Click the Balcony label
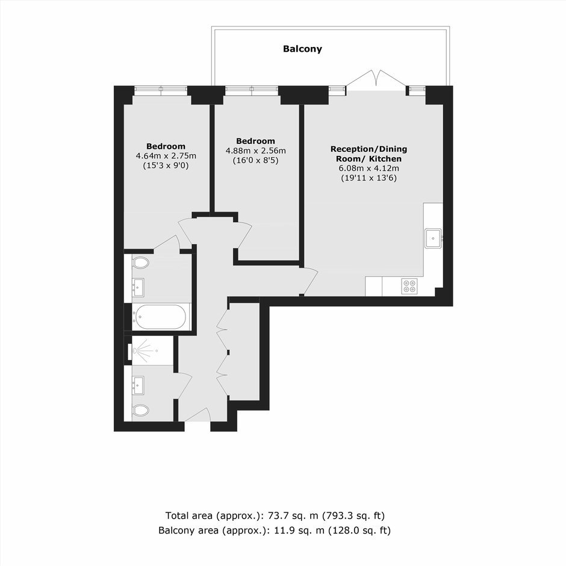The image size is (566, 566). click(x=302, y=49)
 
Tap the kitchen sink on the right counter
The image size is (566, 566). click(x=433, y=238)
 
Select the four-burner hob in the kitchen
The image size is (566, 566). click(x=409, y=286)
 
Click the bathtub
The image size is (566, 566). click(x=160, y=317)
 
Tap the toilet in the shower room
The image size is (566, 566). click(x=141, y=410)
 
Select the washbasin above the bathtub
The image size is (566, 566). click(x=138, y=287)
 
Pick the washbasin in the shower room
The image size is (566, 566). click(x=138, y=385)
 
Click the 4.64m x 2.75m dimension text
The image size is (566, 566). click(x=166, y=156)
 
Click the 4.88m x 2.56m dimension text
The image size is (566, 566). click(x=255, y=151)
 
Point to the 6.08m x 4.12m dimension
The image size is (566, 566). click(x=369, y=168)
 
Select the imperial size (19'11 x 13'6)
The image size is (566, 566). click(x=369, y=178)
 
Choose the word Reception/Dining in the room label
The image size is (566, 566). click(x=369, y=149)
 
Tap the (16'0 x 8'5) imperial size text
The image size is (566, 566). click(x=255, y=160)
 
